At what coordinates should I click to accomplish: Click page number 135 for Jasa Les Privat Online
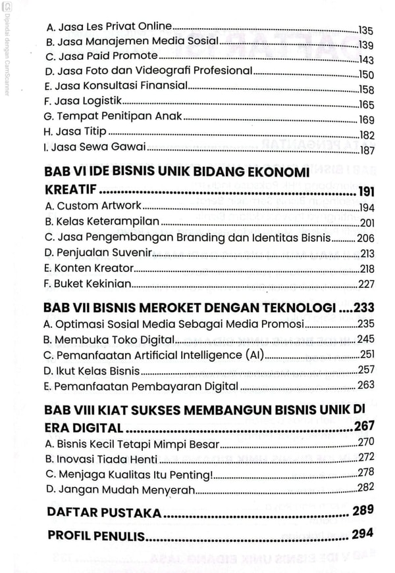365,30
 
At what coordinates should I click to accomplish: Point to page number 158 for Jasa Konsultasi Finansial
365,89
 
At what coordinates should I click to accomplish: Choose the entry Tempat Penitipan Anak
113,119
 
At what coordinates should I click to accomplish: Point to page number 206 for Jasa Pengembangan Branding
365,238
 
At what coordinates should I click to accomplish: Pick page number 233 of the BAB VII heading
363,307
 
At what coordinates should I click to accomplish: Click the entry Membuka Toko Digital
109,339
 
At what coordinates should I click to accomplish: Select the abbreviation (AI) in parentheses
251,355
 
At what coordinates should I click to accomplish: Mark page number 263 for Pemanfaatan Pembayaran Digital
365,385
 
